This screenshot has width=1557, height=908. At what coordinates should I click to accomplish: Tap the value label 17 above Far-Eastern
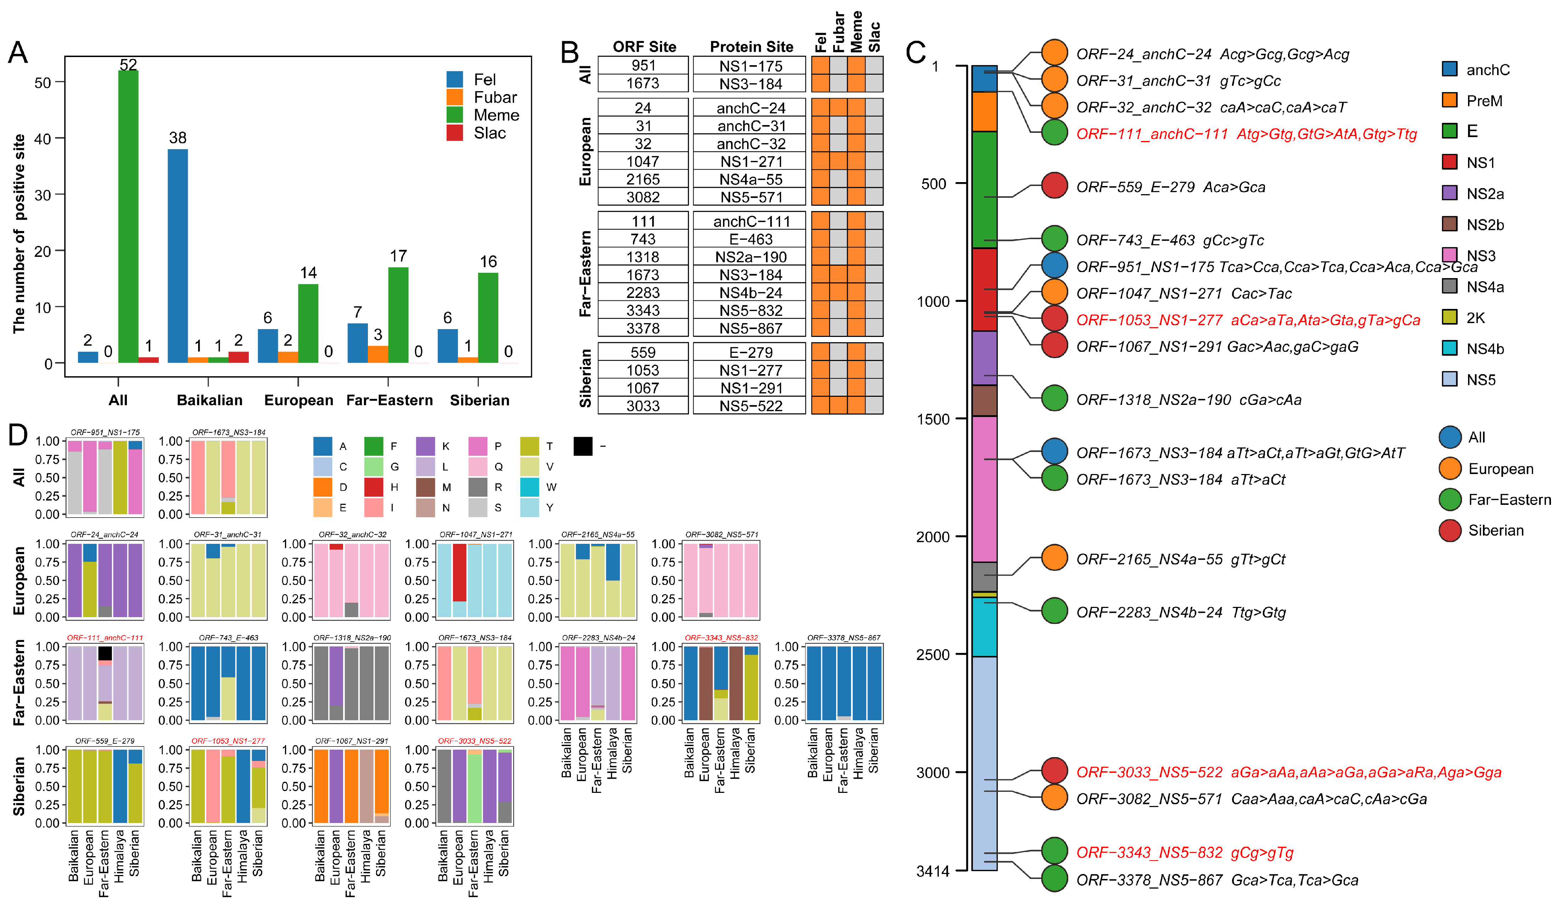pyautogui.click(x=398, y=256)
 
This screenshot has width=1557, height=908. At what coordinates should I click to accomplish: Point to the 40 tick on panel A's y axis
pyautogui.click(x=43, y=139)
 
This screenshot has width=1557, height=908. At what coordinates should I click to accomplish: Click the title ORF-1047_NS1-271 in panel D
pyautogui.click(x=475, y=534)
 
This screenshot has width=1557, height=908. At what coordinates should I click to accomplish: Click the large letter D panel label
pyautogui.click(x=18, y=435)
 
